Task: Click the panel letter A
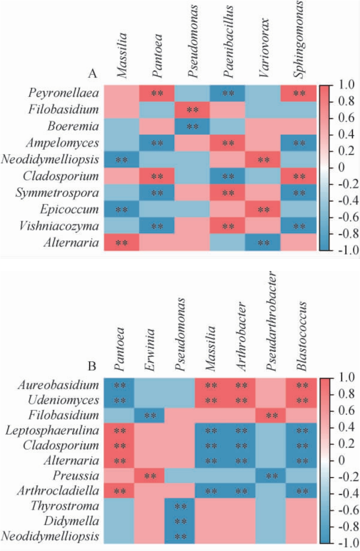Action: pos(92,74)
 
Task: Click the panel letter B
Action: pos(92,365)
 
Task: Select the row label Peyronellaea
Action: pos(63,93)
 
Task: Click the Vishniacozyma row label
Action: pos(59,226)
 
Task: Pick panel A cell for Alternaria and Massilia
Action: pos(122,243)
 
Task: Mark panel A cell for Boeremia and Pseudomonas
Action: pos(192,126)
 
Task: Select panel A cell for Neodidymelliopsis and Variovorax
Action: pos(263,160)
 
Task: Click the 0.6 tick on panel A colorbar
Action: pos(346,118)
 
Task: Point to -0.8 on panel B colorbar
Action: pos(345,527)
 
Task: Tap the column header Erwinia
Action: pos(150,350)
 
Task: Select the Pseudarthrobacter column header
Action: pos(271,321)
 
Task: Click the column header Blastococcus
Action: pos(302,336)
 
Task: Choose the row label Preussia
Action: pos(76,475)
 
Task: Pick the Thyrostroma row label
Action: pos(65,506)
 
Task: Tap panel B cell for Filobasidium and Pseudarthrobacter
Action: pos(271,415)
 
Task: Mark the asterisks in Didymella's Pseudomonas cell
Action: pos(180,521)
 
